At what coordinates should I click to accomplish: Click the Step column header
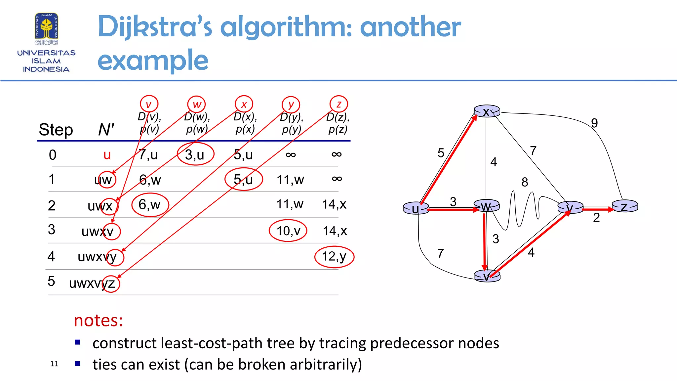coord(56,130)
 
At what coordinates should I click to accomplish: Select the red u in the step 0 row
coord(107,155)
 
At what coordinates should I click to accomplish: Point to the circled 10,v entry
coord(288,231)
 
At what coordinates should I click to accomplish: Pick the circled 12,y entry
coord(334,257)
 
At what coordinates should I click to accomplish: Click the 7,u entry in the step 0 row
coord(148,154)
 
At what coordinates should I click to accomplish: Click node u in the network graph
coord(416,208)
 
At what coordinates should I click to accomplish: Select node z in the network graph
coord(624,206)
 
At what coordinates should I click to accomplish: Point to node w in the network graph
coord(486,206)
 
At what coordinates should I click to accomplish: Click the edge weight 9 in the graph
coord(594,123)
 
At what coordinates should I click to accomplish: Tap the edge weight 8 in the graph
coord(525,182)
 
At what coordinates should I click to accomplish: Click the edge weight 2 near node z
coord(596,218)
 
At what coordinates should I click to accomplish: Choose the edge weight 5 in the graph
coord(441,153)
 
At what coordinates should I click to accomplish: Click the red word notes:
coord(98,320)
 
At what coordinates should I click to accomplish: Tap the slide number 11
coord(54,364)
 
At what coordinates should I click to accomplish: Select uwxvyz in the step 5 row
coord(92,283)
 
